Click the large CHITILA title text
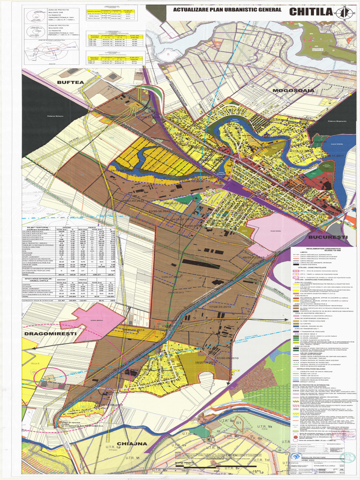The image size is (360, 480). (x=312, y=12)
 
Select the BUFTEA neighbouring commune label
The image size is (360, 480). (x=70, y=82)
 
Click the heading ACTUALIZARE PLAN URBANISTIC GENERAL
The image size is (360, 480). (x=227, y=9)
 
